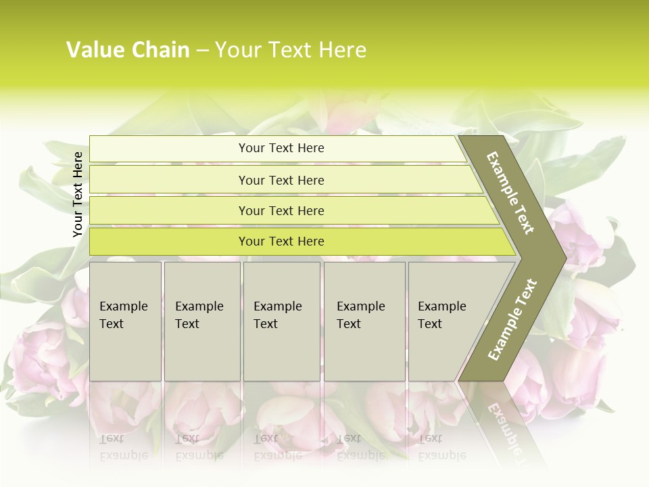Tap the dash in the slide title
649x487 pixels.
(x=202, y=51)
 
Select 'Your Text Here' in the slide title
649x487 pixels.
(x=291, y=50)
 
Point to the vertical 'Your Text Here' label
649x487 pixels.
(x=78, y=194)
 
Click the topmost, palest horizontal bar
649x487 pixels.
(x=281, y=148)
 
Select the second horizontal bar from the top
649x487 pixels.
(x=281, y=180)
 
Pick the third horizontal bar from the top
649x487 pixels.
(x=281, y=210)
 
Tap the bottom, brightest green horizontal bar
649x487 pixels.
(x=281, y=241)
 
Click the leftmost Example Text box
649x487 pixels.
(x=125, y=321)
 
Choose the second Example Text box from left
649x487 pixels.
(x=201, y=321)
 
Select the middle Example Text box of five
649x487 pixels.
(x=281, y=321)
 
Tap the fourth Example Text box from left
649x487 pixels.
(x=364, y=321)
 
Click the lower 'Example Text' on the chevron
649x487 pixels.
(x=512, y=319)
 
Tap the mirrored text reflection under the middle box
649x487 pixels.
(x=277, y=446)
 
